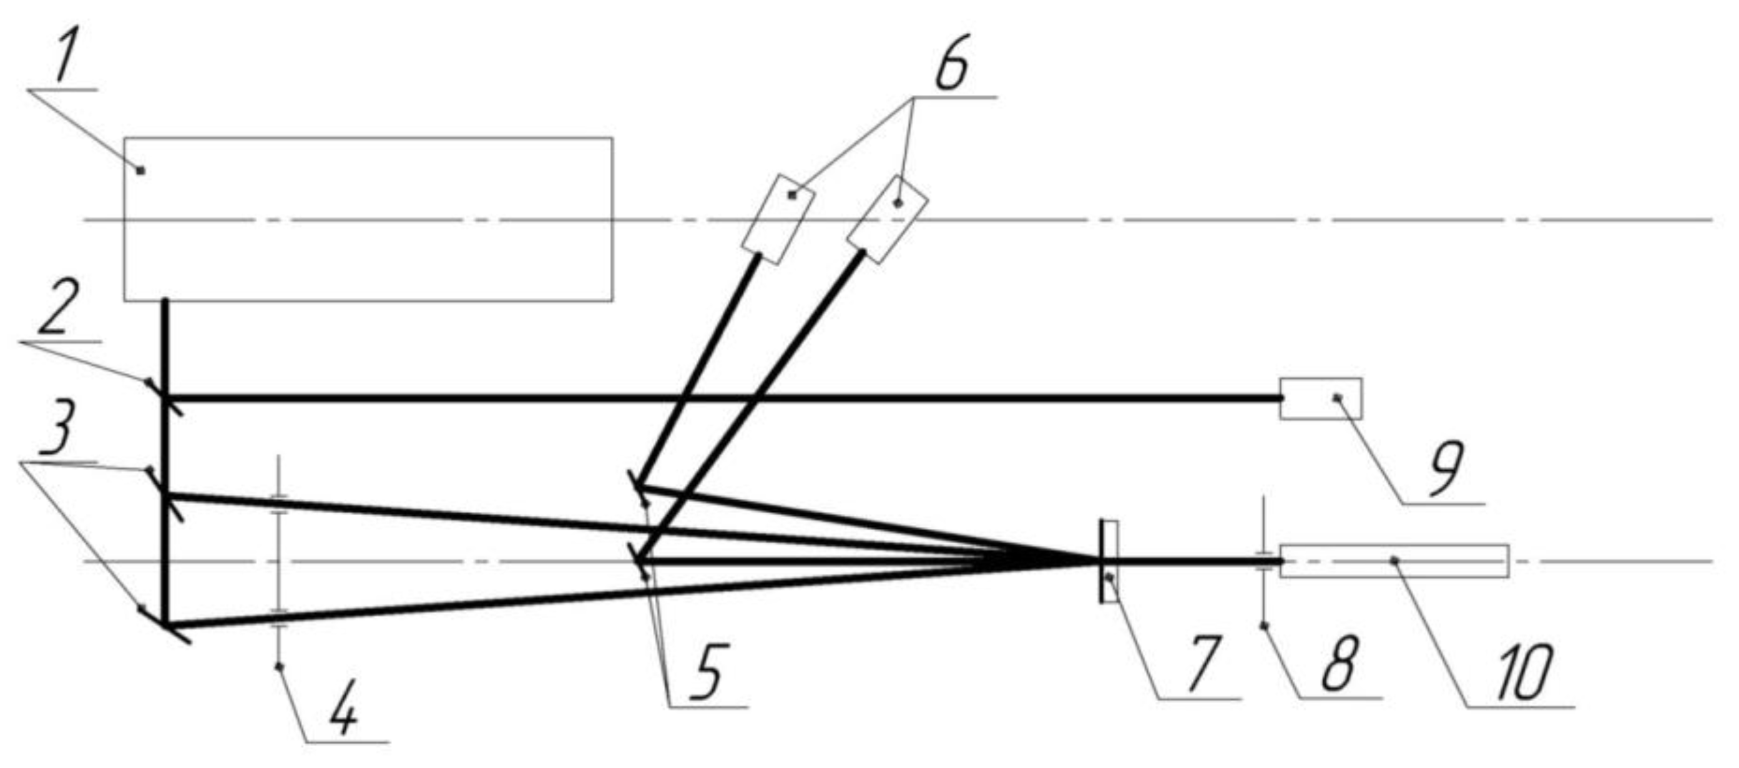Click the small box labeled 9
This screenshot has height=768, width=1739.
1320,398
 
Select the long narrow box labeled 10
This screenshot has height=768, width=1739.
1394,561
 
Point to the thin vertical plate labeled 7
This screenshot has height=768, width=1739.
1107,561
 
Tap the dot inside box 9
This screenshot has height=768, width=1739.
1335,398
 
